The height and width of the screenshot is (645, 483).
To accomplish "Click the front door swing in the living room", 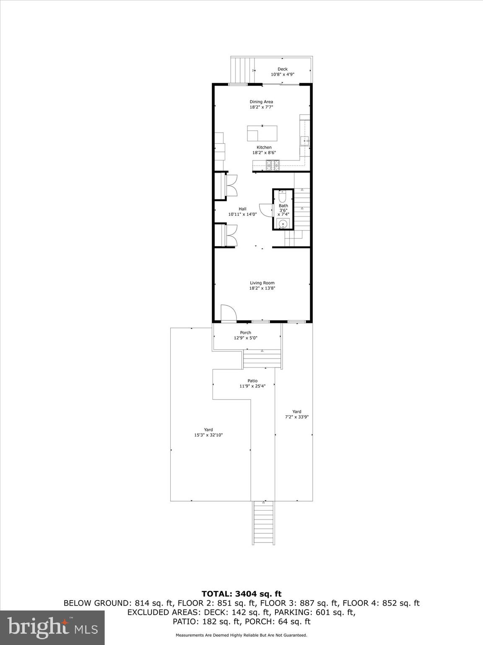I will (228, 313).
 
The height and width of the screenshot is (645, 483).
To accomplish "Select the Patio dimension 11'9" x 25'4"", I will (252, 386).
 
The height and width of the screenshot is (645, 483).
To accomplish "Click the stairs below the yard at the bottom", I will (264, 523).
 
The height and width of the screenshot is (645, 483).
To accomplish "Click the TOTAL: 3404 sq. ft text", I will (241, 594).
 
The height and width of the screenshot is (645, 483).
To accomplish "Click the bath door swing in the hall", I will (266, 210).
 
